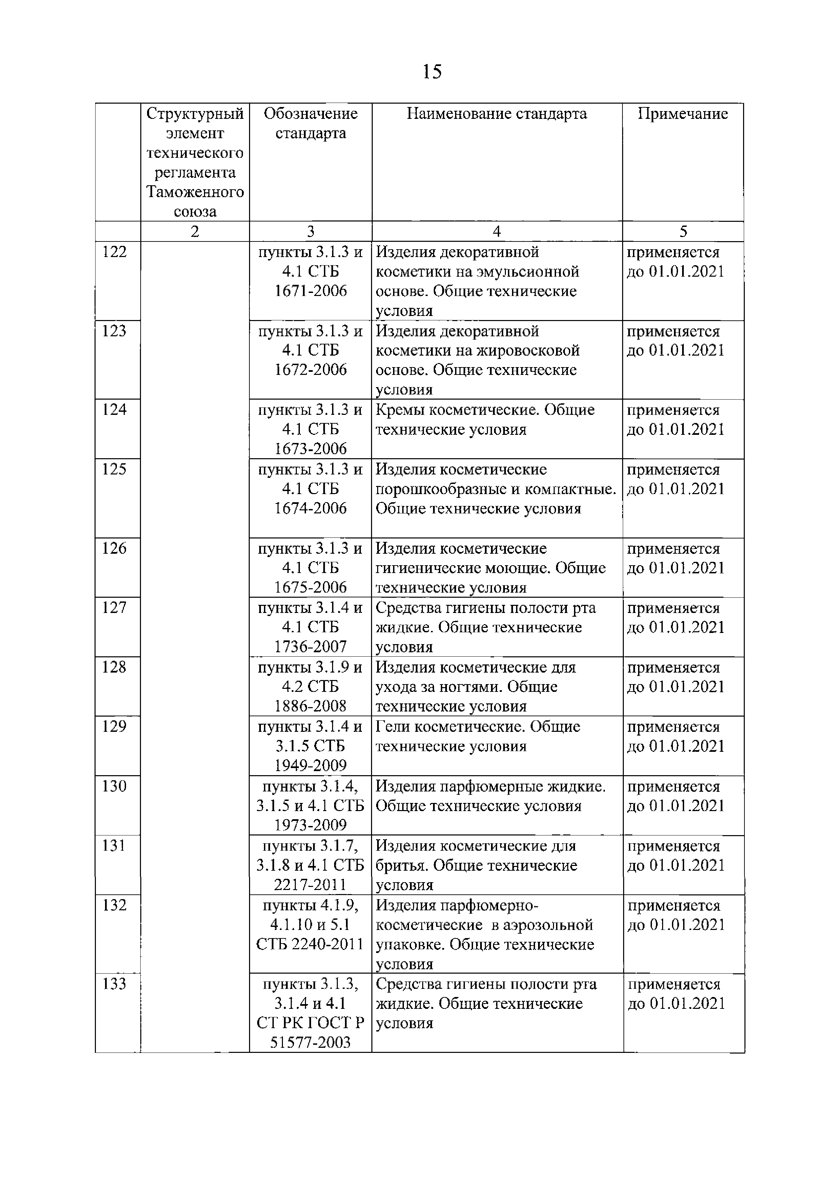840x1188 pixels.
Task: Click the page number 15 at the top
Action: pyautogui.click(x=432, y=71)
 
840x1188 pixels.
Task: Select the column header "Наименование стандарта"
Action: pyautogui.click(x=496, y=114)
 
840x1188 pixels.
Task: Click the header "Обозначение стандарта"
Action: pyautogui.click(x=310, y=123)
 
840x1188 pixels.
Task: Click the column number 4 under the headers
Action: pyautogui.click(x=496, y=231)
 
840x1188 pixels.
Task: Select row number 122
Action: pyautogui.click(x=115, y=252)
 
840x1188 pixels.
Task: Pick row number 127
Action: pyautogui.click(x=115, y=608)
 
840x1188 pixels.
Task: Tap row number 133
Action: pyautogui.click(x=115, y=983)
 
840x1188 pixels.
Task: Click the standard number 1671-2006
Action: pyautogui.click(x=310, y=291)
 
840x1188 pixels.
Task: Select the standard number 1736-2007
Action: pyautogui.click(x=310, y=647)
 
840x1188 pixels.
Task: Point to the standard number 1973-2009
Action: pyautogui.click(x=310, y=825)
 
